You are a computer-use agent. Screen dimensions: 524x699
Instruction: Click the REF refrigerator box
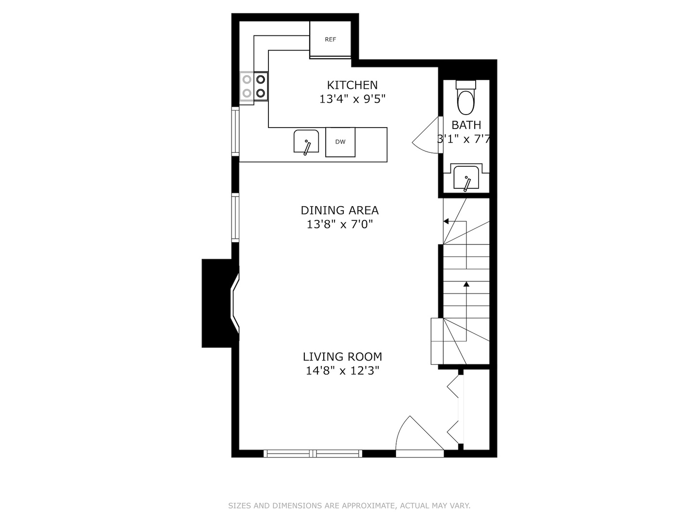tap(330, 39)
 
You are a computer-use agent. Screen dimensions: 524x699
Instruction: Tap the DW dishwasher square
tap(340, 142)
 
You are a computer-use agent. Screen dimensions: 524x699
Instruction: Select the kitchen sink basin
tap(306, 142)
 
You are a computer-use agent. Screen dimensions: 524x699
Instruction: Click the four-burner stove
tap(254, 86)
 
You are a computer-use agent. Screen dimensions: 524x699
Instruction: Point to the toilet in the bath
tap(466, 99)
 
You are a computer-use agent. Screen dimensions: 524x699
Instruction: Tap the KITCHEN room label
tap(352, 85)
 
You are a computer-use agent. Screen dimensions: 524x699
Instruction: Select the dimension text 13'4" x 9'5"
tap(352, 99)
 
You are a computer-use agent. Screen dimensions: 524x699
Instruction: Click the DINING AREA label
tap(339, 210)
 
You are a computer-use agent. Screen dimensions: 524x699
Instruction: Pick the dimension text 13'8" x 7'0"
tap(339, 225)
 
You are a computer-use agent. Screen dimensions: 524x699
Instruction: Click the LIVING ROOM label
tap(342, 357)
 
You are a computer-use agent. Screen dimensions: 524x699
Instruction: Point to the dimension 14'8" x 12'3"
tap(342, 371)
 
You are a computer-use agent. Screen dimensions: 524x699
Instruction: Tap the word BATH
tap(466, 125)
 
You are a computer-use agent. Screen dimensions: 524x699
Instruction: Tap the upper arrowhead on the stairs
tap(446, 221)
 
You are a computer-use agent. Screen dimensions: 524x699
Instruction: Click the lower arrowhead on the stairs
tap(466, 283)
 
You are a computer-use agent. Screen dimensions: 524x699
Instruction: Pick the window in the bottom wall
tap(313, 454)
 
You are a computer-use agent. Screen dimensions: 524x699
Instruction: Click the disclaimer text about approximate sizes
tap(349, 506)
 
